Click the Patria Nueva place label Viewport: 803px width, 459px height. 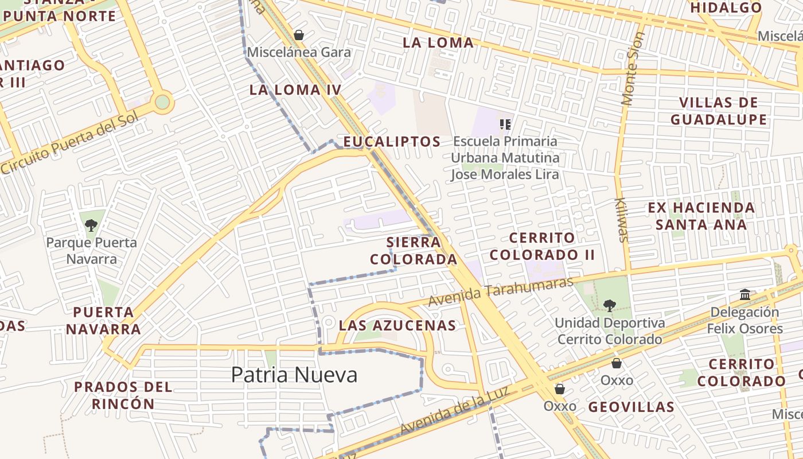click(x=294, y=375)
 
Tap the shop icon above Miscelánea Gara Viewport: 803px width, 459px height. click(x=298, y=35)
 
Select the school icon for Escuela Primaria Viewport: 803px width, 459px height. click(x=505, y=124)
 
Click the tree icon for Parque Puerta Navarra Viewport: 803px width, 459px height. click(x=91, y=225)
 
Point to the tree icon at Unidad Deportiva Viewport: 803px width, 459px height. click(x=609, y=306)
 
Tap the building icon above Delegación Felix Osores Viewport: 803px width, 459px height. click(x=745, y=295)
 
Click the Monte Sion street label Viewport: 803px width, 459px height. click(x=633, y=69)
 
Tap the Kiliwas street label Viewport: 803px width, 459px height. click(x=622, y=220)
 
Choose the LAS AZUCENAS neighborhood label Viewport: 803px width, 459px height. click(x=397, y=325)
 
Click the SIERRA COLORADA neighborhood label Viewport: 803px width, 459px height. click(x=413, y=251)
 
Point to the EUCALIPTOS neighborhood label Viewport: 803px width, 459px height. click(x=392, y=142)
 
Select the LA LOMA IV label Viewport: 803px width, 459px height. click(x=295, y=90)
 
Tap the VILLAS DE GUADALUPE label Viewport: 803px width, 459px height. click(x=718, y=111)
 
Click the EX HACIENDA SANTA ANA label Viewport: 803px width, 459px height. click(x=701, y=216)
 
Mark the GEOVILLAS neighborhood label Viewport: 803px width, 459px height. click(x=631, y=407)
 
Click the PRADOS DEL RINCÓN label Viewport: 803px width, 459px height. click(x=123, y=395)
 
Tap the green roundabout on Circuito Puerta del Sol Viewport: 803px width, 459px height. click(x=162, y=102)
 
